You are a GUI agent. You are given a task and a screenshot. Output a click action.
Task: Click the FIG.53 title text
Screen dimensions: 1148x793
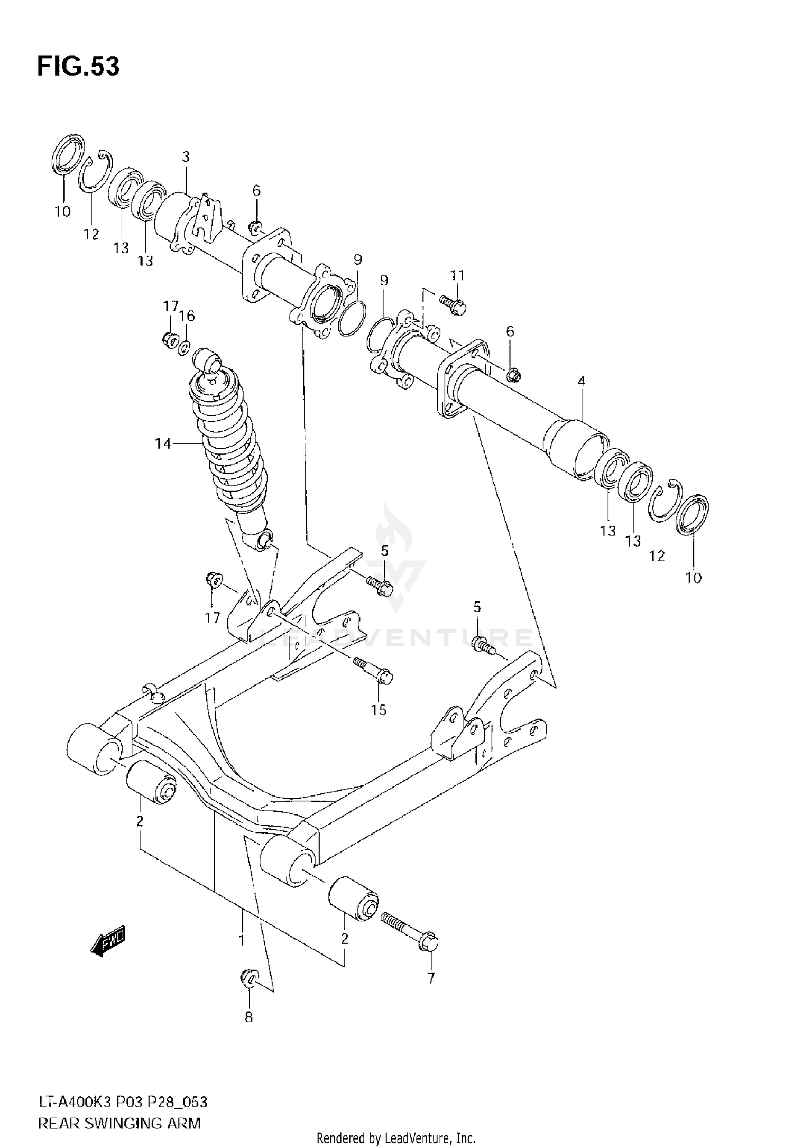coord(78,67)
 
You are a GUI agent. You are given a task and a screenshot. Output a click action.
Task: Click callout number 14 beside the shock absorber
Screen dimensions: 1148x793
coord(163,443)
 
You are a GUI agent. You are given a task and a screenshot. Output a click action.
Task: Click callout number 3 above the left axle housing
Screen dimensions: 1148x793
coord(186,156)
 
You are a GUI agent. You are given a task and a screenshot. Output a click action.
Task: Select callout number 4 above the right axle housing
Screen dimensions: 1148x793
coord(581,381)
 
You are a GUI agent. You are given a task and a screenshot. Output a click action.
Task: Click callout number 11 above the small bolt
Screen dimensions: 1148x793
coord(457,275)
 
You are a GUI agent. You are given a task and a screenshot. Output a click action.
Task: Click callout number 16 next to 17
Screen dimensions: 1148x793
coord(187,316)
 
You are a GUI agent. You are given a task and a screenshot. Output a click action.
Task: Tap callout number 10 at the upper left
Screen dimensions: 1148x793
coord(62,211)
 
